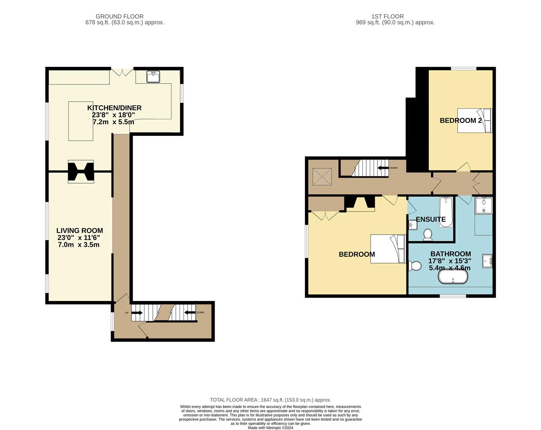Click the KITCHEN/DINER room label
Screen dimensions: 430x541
coord(114,108)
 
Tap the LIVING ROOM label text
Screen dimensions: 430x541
coord(80,231)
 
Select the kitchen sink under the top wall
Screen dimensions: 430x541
coord(153,76)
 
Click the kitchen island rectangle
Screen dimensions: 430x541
coord(81,121)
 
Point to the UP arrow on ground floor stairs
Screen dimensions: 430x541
coord(137,313)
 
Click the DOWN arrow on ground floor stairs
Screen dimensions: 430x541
coord(190,313)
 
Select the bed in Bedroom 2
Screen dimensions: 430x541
coord(475,121)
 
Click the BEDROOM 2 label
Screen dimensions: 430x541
coord(461,121)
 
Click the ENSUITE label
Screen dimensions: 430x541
coord(430,219)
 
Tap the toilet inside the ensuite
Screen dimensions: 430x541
coord(428,235)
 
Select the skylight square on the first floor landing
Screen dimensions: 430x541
coord(322,177)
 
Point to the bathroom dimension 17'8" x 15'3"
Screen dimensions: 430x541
coord(450,261)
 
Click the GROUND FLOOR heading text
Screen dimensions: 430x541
coord(119,16)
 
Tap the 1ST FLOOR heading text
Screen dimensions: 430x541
coord(387,16)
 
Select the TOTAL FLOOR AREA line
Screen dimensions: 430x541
coord(270,400)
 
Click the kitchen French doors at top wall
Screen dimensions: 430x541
coord(122,72)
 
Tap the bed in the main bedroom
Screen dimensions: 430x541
coord(388,249)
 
